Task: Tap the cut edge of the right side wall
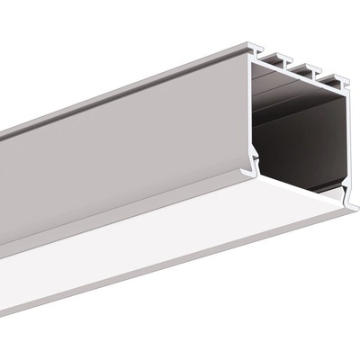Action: click(347, 135)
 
